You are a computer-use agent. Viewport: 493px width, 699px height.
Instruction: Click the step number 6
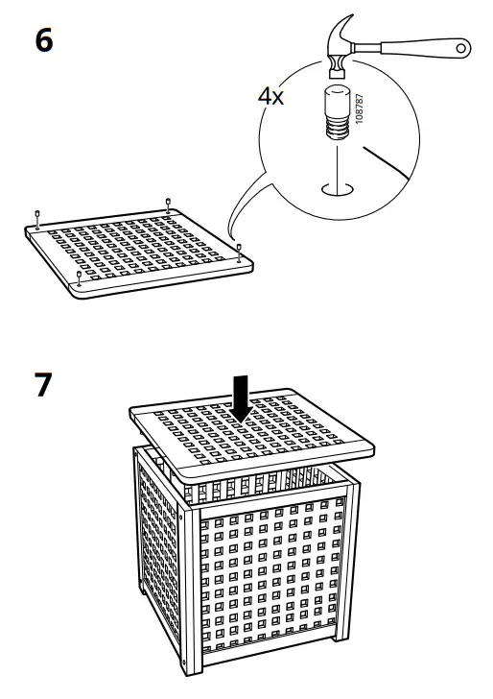44,42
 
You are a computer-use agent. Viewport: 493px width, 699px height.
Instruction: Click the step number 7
44,384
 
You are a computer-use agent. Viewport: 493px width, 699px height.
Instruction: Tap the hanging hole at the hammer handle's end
462,46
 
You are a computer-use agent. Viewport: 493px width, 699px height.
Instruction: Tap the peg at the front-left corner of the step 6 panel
78,278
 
